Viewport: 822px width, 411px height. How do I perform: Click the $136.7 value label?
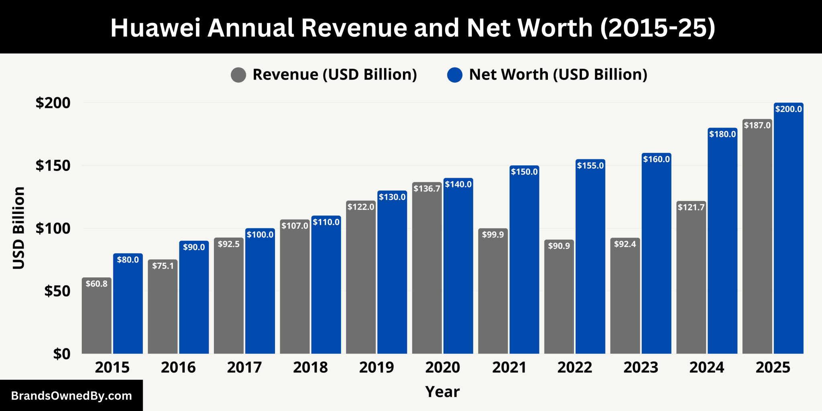427,189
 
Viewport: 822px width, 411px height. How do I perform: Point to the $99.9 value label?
493,235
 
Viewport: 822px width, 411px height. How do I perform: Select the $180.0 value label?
722,134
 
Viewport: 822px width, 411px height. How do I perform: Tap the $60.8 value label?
97,284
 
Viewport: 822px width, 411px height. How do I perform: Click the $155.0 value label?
590,166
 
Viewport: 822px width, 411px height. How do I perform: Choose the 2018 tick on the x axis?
310,368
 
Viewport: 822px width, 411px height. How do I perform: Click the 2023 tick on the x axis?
641,368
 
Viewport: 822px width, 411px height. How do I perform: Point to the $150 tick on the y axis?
53,166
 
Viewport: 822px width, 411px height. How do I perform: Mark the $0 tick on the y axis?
62,354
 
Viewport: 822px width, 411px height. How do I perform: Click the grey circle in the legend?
238,75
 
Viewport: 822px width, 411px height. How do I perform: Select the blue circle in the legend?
455,75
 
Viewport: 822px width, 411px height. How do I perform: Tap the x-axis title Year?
442,392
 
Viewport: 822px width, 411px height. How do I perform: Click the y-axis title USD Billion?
19,228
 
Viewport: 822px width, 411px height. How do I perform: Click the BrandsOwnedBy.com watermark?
71,396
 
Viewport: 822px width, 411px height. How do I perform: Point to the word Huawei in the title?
155,28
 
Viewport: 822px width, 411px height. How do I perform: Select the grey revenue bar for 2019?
360,281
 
